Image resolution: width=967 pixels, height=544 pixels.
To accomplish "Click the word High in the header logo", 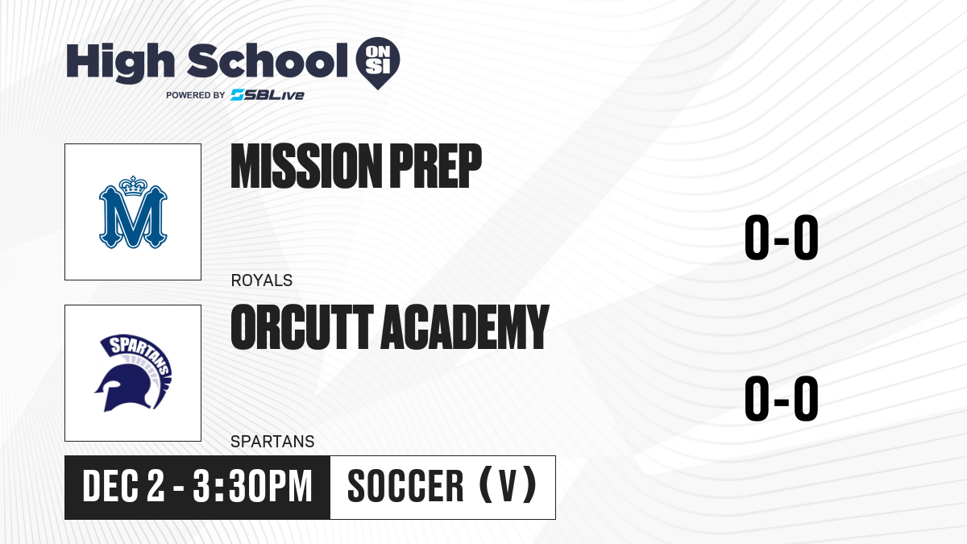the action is (x=120, y=63).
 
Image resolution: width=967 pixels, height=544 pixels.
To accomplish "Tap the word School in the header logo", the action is (x=268, y=60).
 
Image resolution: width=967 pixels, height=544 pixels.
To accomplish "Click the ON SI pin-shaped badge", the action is (x=378, y=63).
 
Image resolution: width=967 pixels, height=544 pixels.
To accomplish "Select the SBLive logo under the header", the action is (x=268, y=95).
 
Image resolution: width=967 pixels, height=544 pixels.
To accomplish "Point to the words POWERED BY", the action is (x=196, y=95).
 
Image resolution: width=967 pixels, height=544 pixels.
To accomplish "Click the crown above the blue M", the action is (x=133, y=186).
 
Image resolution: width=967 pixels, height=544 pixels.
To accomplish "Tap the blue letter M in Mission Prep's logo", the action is (x=133, y=217).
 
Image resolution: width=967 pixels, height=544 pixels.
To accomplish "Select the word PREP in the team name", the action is (x=436, y=166).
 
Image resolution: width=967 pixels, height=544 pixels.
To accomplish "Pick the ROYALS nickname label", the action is (x=262, y=280).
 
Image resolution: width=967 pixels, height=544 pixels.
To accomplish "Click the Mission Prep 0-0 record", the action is (x=782, y=238).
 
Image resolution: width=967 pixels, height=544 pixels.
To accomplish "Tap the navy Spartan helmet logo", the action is (x=133, y=373).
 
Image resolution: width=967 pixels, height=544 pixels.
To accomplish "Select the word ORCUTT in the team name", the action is (x=301, y=327).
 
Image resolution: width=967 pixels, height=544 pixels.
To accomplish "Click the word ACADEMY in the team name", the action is (x=464, y=327).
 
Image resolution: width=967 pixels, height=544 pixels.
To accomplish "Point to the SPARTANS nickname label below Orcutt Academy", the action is (x=272, y=442).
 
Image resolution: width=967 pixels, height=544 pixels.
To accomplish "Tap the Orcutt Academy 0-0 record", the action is (x=782, y=398).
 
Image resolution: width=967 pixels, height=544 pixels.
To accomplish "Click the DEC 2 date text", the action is (x=123, y=487).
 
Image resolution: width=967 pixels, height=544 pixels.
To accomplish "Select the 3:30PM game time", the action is (x=252, y=487).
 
